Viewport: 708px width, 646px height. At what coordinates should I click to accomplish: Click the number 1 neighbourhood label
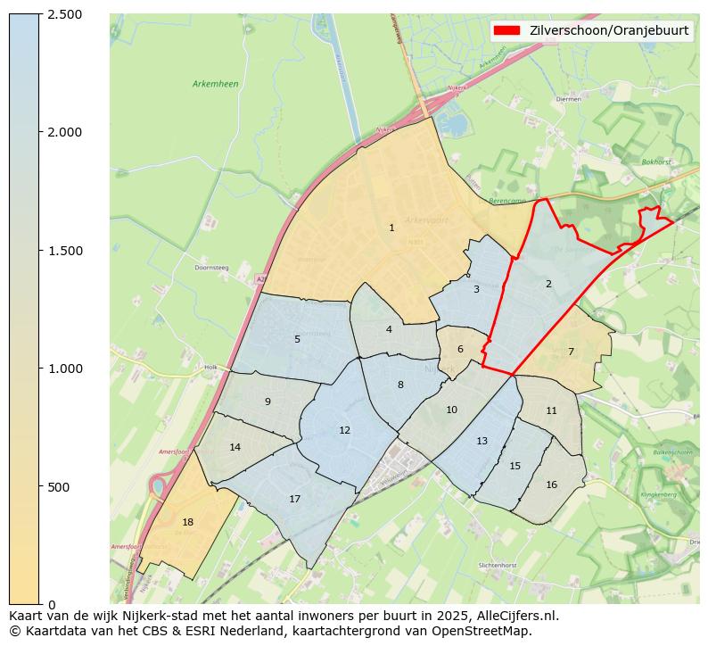pos(391,228)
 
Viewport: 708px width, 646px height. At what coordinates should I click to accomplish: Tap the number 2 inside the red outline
pos(548,285)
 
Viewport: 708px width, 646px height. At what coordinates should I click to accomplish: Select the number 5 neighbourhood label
pos(297,339)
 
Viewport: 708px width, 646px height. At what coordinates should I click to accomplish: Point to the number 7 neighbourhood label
pos(571,352)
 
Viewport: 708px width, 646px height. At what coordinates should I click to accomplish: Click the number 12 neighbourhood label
pos(344,430)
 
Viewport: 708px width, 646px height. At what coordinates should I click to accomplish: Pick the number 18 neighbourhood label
pos(187,522)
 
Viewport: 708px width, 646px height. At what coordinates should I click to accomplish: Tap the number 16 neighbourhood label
pos(551,484)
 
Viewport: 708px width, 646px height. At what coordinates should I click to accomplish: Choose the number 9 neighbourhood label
pos(268,402)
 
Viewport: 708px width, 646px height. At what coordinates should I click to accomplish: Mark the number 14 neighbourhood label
pos(235,447)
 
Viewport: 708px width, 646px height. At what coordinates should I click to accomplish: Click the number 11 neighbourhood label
pos(551,410)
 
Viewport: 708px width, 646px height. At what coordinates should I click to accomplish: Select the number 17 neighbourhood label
pos(294,499)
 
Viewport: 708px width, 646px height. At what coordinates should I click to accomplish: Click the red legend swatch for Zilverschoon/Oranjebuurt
pos(506,30)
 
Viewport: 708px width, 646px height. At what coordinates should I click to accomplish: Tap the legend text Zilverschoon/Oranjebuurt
pos(608,30)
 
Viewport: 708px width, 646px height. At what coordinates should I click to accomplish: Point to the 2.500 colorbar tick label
pos(64,14)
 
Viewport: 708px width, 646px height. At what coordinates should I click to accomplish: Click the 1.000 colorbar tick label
pos(64,369)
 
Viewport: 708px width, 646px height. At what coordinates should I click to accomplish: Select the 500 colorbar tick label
pos(59,487)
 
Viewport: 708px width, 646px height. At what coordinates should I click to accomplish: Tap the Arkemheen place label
pos(215,84)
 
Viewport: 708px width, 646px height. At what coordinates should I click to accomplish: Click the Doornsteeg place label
pos(212,267)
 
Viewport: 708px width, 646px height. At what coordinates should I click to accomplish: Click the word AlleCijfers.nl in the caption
pos(516,616)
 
